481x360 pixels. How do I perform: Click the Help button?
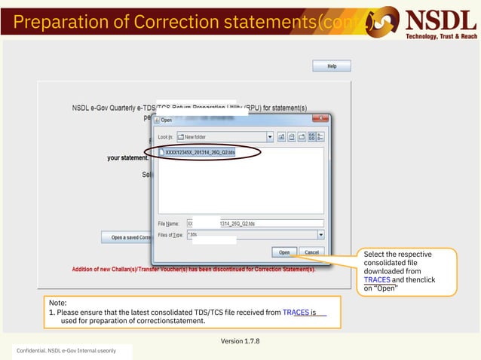[331, 66]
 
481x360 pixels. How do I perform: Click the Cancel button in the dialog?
[310, 252]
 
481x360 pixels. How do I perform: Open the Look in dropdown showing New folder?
[269, 137]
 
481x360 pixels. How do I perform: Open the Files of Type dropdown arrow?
[320, 234]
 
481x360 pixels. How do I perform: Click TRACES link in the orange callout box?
[377, 279]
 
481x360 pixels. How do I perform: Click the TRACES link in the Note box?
[296, 311]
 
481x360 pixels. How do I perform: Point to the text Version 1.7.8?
[240, 341]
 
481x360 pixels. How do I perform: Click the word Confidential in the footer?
[31, 352]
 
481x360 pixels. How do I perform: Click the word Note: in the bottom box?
[58, 302]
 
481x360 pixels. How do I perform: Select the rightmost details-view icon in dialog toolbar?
[322, 137]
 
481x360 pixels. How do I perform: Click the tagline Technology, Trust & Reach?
[441, 36]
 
